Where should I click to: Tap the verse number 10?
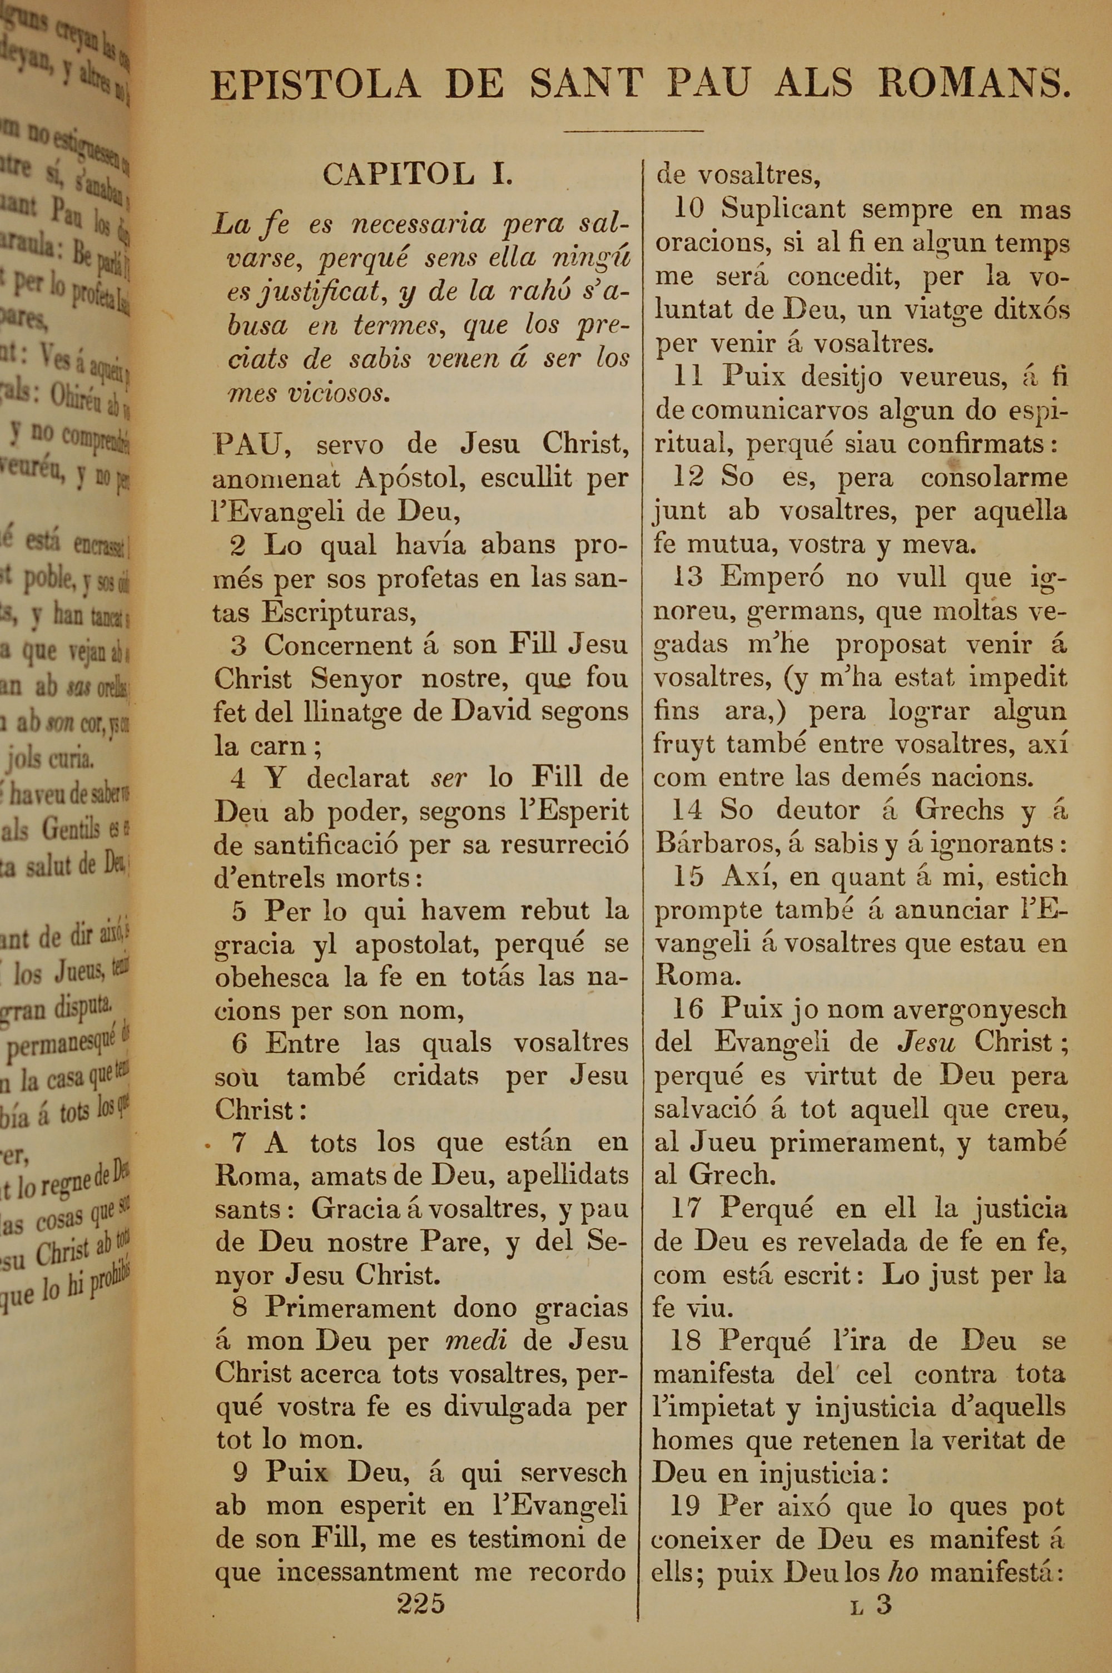689,209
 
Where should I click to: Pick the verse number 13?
688,577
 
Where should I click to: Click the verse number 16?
687,1008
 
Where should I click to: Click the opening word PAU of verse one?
249,444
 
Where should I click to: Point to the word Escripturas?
338,611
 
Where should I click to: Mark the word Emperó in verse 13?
772,577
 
